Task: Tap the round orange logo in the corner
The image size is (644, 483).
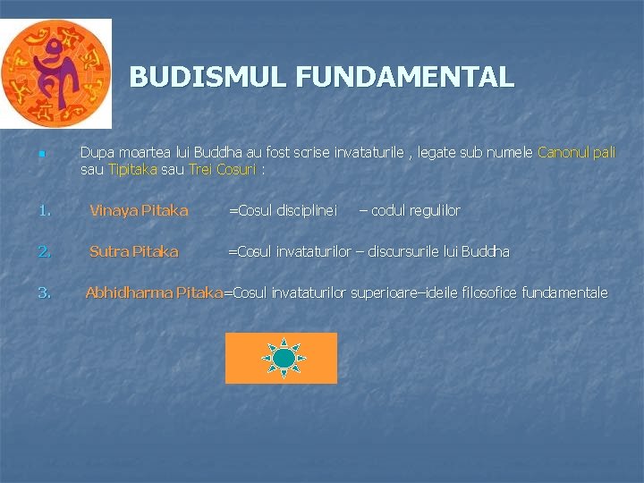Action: (x=55, y=73)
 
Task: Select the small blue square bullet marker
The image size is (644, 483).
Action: (x=41, y=156)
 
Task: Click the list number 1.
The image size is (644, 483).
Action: (x=44, y=211)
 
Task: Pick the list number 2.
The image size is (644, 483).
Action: (x=44, y=251)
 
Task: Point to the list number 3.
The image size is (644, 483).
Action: (x=44, y=292)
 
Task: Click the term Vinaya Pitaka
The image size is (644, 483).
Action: (x=139, y=211)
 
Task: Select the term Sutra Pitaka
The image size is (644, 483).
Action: (x=133, y=251)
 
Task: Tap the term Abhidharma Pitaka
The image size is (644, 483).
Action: (x=153, y=292)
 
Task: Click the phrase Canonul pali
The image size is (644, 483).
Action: (x=577, y=153)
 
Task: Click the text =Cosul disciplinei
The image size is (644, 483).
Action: (x=283, y=211)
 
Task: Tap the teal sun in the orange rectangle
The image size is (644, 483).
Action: (x=284, y=358)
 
